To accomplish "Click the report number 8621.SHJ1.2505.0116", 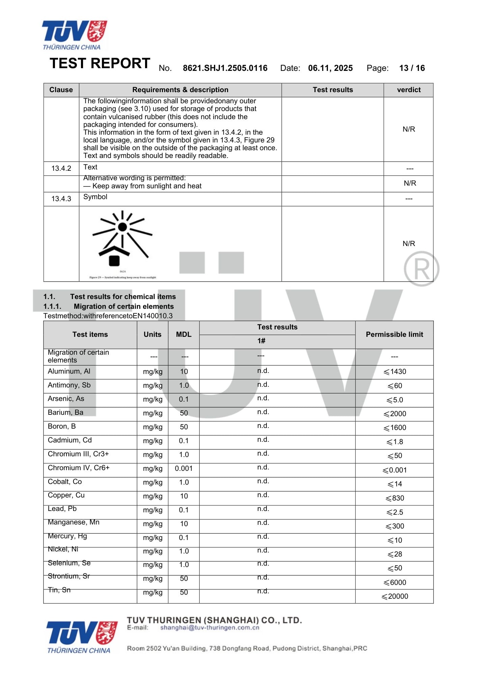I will click(225, 68).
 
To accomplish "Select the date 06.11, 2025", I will click(330, 68).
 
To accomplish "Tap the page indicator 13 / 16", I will click(412, 68).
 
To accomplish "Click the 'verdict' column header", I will click(409, 90).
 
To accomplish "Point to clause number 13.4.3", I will click(61, 199).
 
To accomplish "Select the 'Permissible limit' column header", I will click(394, 334).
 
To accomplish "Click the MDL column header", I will click(184, 334).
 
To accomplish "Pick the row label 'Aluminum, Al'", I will click(69, 371).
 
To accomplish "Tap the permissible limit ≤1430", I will click(395, 372).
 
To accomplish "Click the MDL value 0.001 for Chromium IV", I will click(184, 468).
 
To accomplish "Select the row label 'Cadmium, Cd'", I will click(70, 440).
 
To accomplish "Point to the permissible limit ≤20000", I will click(395, 596).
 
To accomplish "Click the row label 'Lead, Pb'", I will click(62, 509).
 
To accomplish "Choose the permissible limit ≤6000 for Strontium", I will click(395, 583).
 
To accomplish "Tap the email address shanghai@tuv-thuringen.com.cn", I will click(210, 628).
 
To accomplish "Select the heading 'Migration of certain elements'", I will click(123, 306).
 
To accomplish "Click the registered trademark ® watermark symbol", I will click(421, 269).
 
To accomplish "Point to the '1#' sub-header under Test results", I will click(261, 341).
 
